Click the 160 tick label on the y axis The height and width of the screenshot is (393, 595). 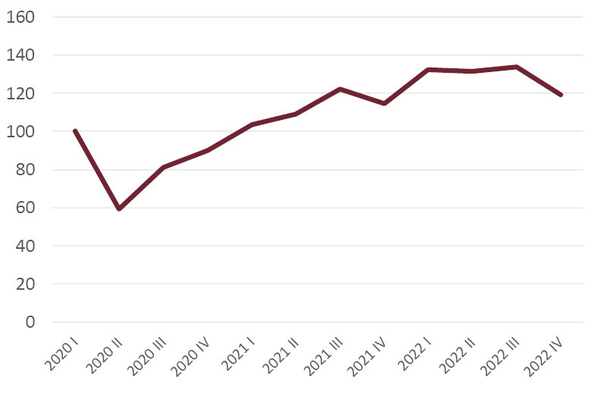[x=20, y=17]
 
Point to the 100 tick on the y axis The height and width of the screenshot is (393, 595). [x=20, y=131]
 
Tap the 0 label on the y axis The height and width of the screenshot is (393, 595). [x=30, y=322]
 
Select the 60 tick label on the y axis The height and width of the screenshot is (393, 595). [x=25, y=208]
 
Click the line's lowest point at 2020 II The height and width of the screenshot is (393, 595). [x=119, y=209]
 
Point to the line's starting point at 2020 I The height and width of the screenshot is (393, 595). [x=75, y=131]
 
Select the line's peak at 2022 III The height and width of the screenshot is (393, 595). [x=516, y=67]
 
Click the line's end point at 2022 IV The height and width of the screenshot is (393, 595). [x=560, y=95]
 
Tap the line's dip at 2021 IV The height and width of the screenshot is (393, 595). [x=384, y=103]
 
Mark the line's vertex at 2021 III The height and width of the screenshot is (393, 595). [x=340, y=89]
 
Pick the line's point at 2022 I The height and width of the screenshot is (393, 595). [x=428, y=70]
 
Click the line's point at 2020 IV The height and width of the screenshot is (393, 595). [x=207, y=150]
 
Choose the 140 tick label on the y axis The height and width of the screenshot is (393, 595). [x=20, y=55]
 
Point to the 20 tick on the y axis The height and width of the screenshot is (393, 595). [x=25, y=284]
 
